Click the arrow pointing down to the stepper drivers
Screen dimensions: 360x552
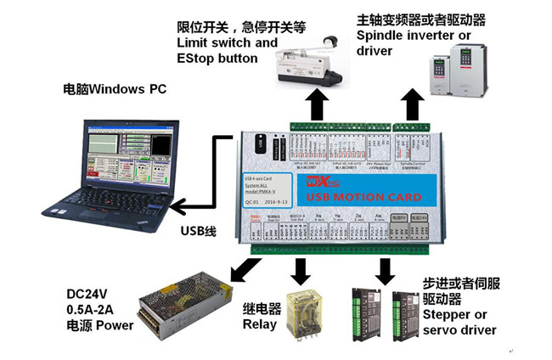coord(385,270)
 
